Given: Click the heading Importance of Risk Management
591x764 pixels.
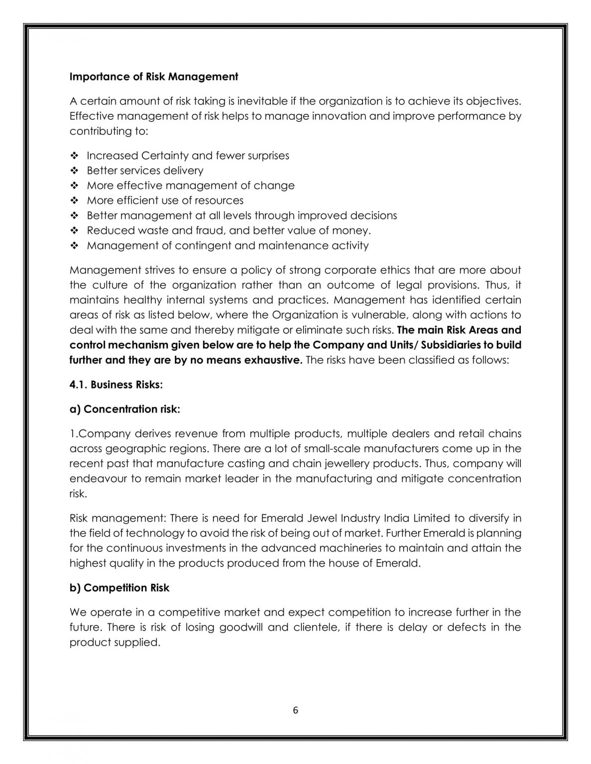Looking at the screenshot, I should click(x=153, y=77).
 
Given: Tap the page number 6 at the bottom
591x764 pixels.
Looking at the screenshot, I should click(x=295, y=710).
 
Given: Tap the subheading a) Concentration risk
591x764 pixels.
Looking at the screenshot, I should click(x=124, y=409).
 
